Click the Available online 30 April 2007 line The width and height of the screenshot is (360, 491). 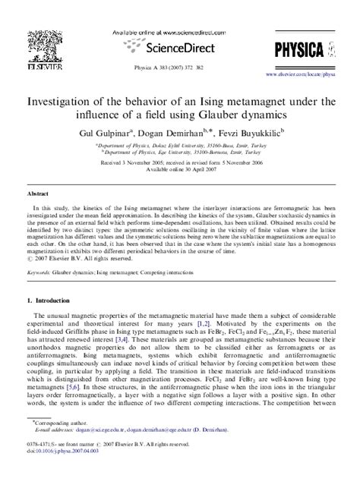(180, 169)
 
